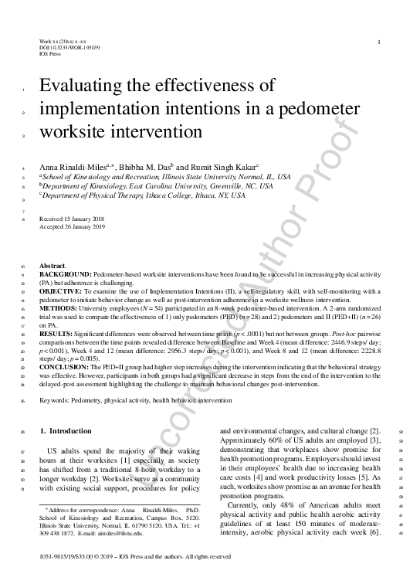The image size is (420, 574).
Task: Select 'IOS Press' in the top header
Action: coord(49,54)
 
